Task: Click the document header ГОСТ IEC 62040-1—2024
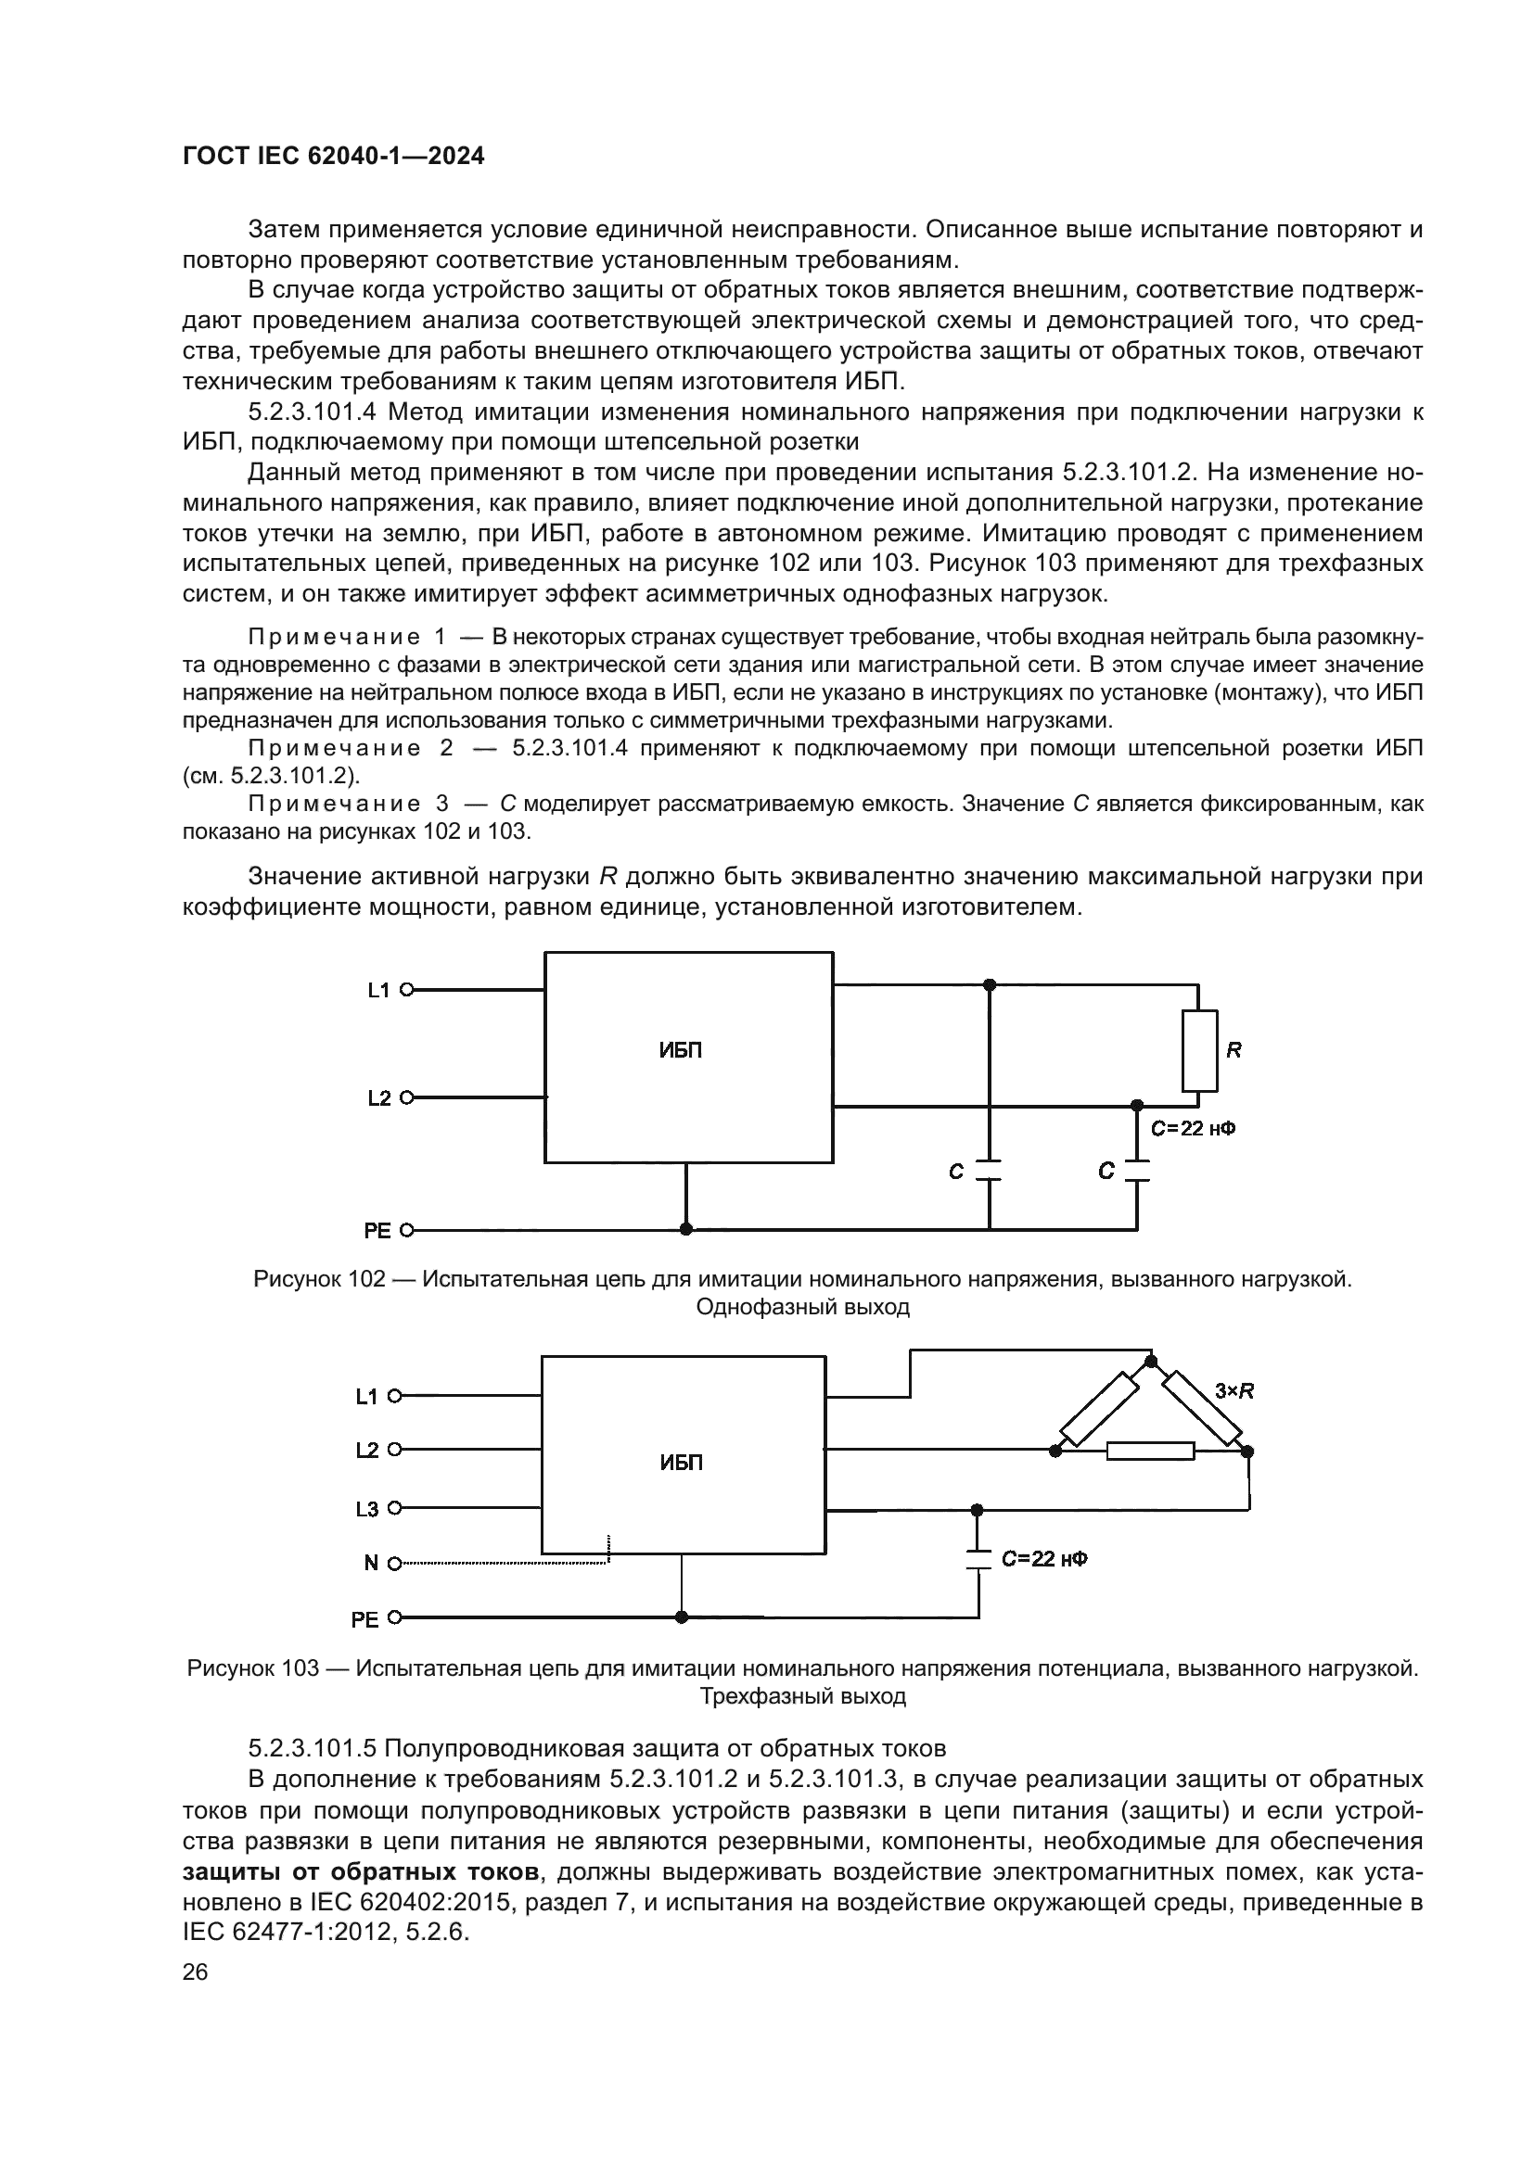[334, 157]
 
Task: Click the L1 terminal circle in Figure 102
[407, 990]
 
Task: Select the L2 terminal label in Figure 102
[378, 1098]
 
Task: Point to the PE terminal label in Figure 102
[377, 1231]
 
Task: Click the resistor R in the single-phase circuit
[1198, 1050]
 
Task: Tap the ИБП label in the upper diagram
[680, 1051]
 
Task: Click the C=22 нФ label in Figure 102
[1193, 1128]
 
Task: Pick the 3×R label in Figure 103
[1234, 1391]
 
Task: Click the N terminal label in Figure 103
[371, 1564]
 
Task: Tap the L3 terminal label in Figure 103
[366, 1510]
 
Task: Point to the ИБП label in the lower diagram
[681, 1463]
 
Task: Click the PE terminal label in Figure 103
[364, 1620]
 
